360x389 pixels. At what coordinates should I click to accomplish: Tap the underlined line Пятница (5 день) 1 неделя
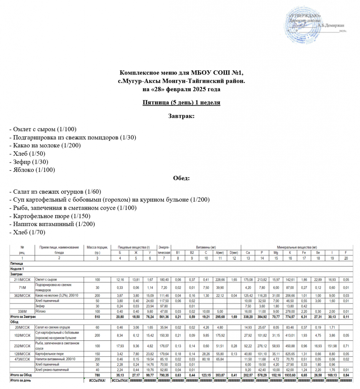[x=181, y=103]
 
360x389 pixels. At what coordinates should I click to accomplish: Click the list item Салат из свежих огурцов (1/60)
[x=57, y=191]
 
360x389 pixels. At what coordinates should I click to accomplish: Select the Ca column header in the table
[x=248, y=252]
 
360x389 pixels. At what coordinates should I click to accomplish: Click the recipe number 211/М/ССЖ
[x=22, y=280]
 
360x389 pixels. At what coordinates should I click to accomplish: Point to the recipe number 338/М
[x=22, y=311]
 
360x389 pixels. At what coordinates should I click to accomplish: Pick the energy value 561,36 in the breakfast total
[x=163, y=316]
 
